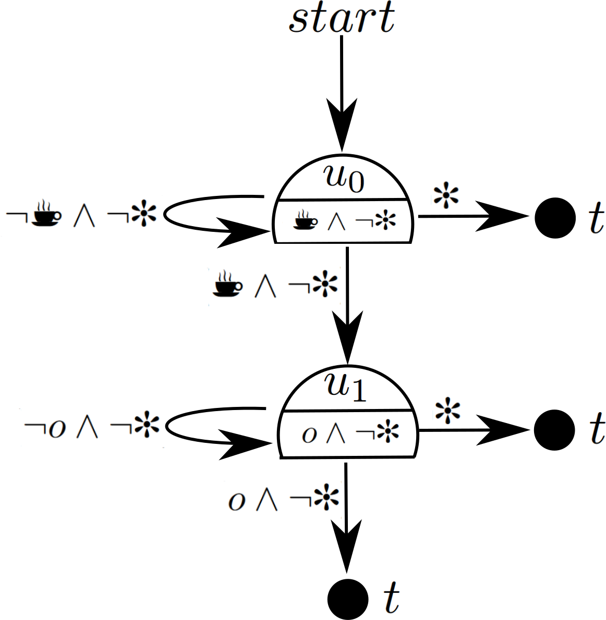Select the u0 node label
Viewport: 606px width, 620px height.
(344, 178)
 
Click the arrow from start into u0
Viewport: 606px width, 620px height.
(342, 94)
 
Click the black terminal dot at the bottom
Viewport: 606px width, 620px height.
(348, 598)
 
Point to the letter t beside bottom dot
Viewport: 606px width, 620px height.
(391, 598)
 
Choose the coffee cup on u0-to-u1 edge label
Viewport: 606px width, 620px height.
(227, 283)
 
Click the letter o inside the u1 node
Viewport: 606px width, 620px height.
(309, 434)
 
